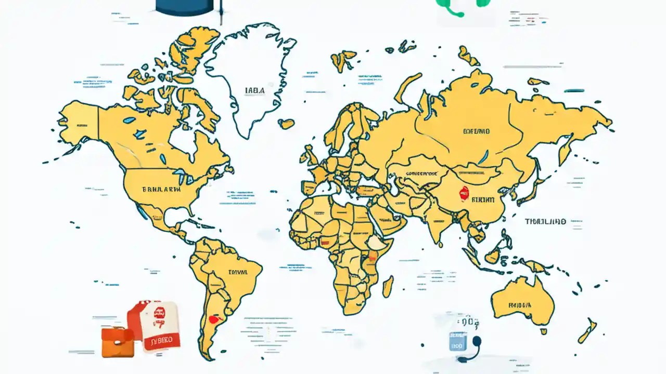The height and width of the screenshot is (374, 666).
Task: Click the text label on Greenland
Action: pyautogui.click(x=254, y=90)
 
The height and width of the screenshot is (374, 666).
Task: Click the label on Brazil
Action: pyautogui.click(x=238, y=272)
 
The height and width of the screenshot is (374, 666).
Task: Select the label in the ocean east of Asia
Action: pyautogui.click(x=545, y=221)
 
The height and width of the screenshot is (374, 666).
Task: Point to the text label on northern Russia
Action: pyautogui.click(x=476, y=132)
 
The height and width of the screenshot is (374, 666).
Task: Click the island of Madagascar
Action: pyautogui.click(x=388, y=286)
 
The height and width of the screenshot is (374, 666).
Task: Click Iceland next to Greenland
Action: pyautogui.click(x=286, y=124)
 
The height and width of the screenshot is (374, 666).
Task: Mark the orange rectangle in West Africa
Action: pyautogui.click(x=327, y=241)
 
